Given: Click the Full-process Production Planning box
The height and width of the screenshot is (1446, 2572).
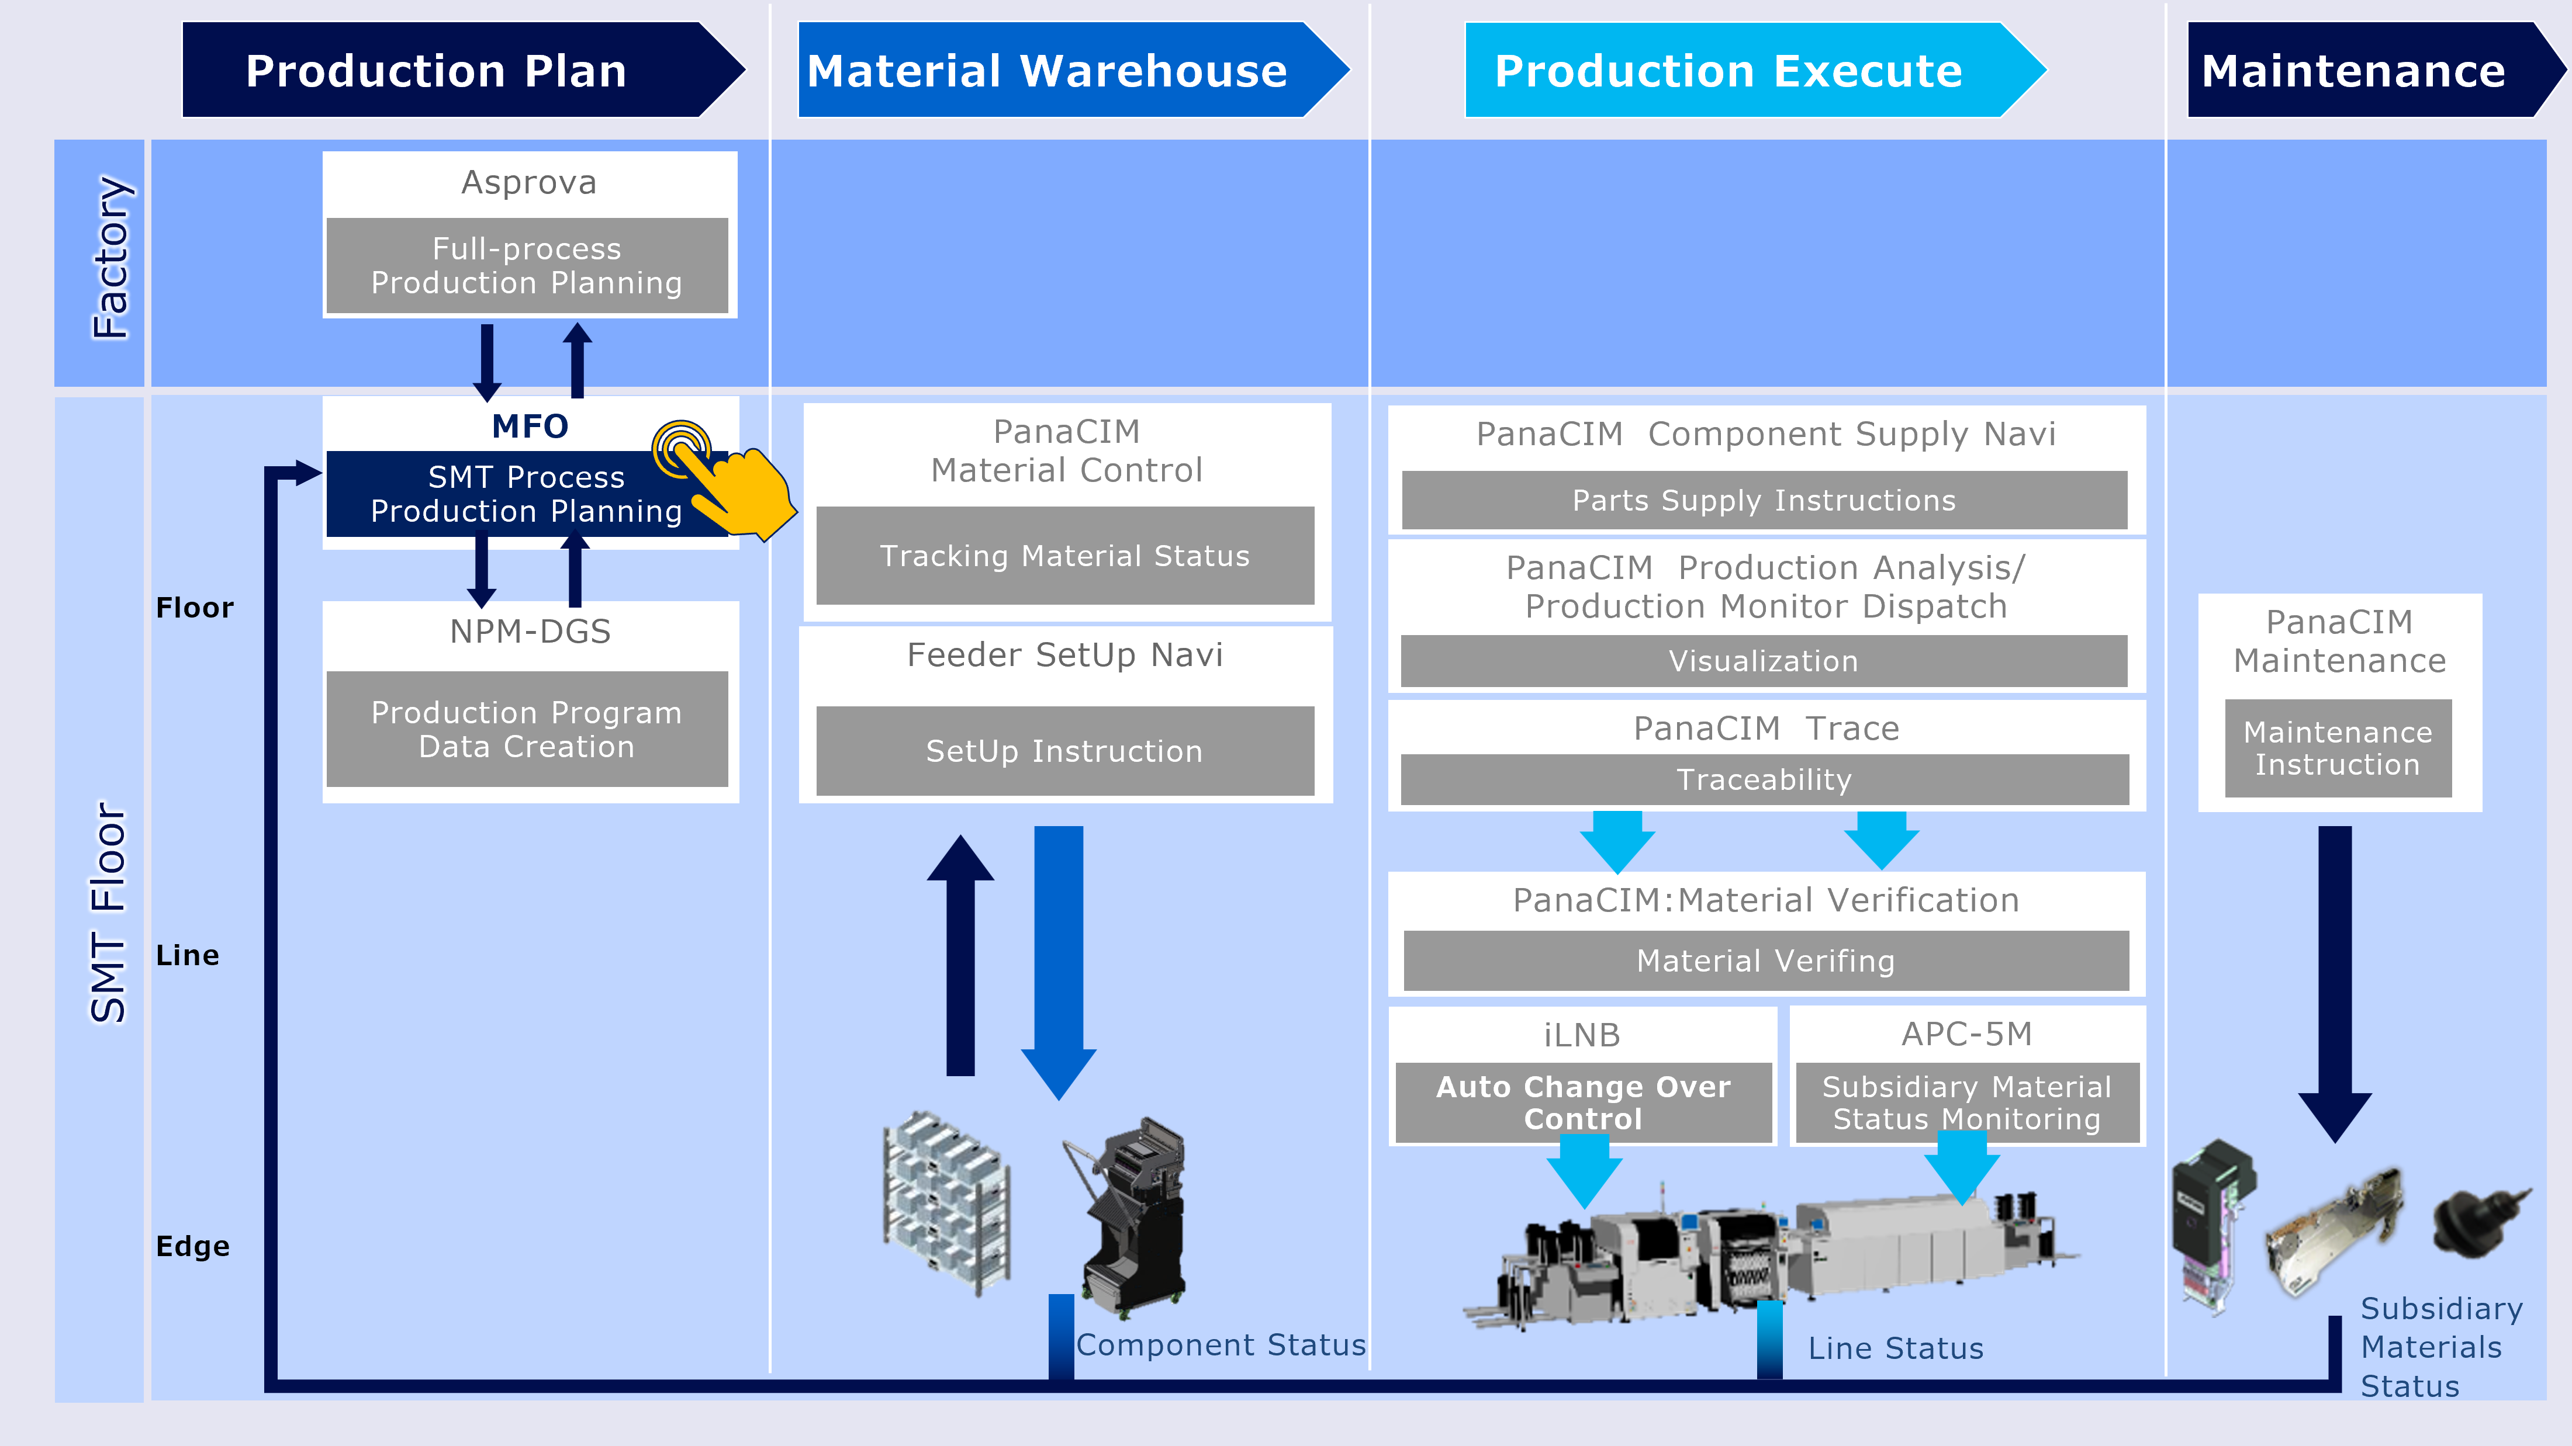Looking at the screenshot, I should (527, 265).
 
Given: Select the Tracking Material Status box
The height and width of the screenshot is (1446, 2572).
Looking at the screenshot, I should (1064, 556).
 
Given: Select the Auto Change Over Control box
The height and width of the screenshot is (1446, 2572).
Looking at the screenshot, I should (1582, 1102).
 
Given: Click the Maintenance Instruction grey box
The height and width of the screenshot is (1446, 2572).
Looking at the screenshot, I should (2338, 748).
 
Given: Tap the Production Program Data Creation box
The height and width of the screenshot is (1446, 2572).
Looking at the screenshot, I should (527, 730).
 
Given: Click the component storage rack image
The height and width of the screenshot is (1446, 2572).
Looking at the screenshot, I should (946, 1202).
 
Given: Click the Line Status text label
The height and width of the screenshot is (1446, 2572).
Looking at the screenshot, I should (1895, 1349).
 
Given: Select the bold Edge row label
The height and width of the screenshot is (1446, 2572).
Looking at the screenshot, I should (193, 1246).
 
